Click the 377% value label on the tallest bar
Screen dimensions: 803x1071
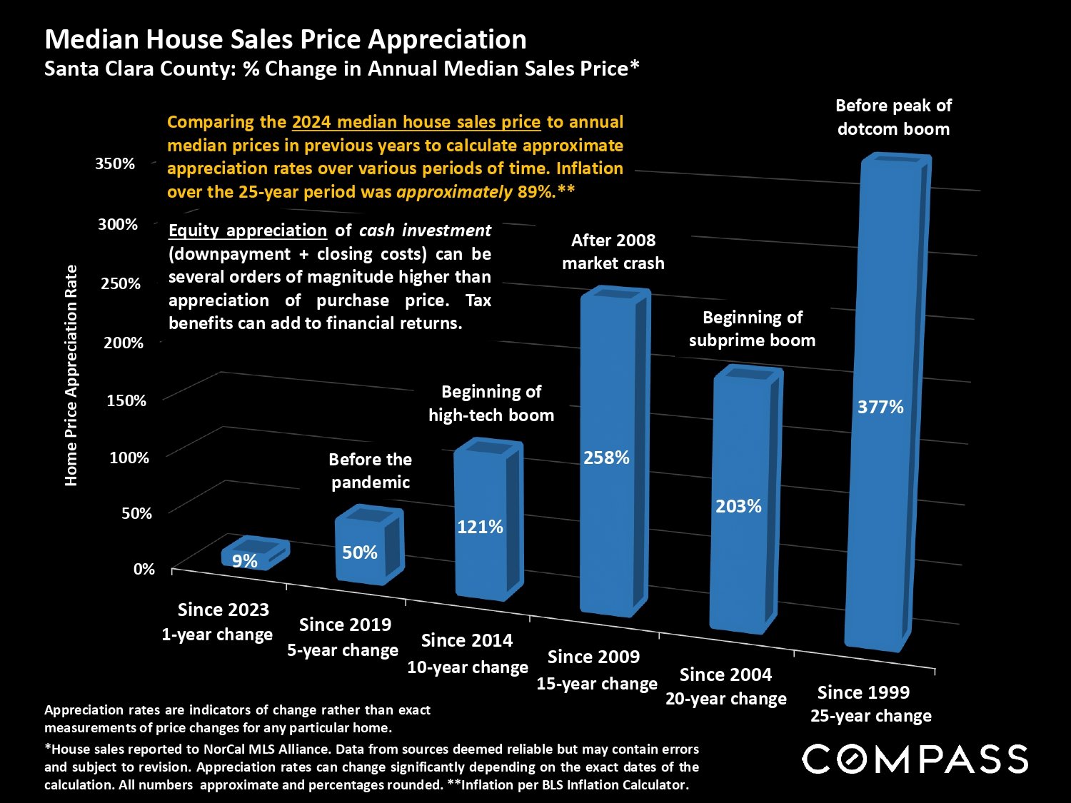(880, 407)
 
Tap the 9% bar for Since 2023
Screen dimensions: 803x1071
(253, 555)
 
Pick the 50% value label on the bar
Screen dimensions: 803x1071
(359, 552)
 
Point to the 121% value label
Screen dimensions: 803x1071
(480, 527)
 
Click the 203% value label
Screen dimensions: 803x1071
(738, 506)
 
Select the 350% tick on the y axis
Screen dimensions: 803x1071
(115, 163)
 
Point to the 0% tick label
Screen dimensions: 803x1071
(144, 569)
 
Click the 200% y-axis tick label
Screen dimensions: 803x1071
(124, 343)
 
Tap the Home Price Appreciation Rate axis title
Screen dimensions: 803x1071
(71, 375)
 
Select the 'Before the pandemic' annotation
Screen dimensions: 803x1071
(371, 470)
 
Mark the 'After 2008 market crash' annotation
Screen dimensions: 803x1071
(613, 251)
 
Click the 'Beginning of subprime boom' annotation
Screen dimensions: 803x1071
(752, 328)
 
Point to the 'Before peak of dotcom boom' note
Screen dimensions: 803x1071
(893, 117)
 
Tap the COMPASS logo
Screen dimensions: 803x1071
(915, 759)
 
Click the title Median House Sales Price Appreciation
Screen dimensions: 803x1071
(286, 39)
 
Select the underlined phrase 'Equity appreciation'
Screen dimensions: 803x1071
(247, 231)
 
